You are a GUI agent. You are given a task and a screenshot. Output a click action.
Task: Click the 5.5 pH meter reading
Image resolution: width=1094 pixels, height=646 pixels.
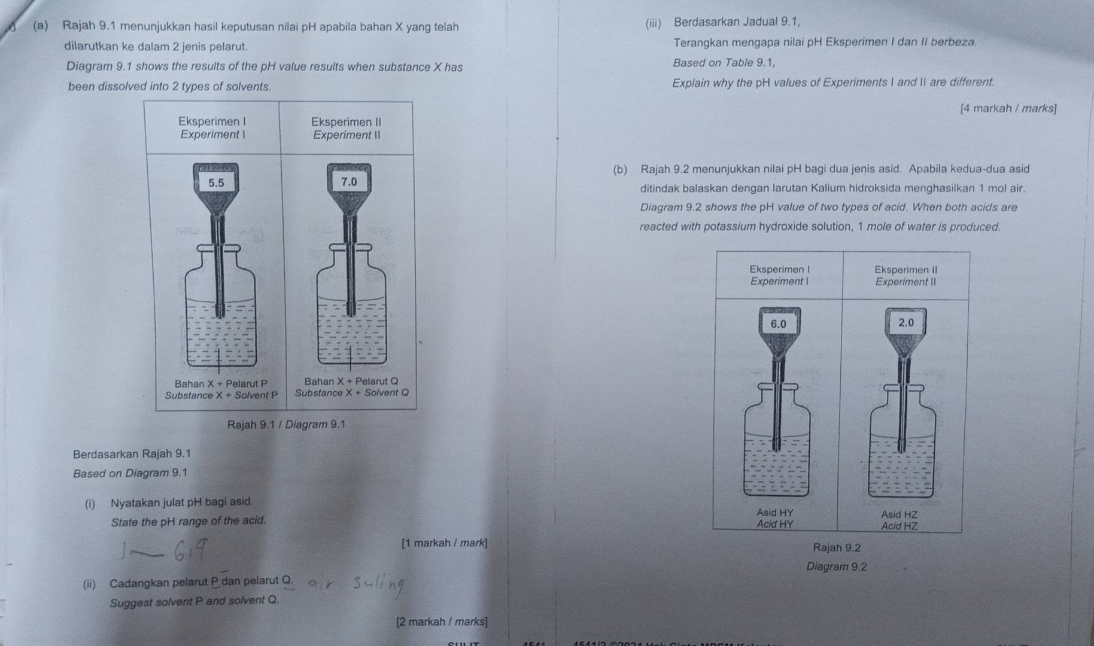[216, 183]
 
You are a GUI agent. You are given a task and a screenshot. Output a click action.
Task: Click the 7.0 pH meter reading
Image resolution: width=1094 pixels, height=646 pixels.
[348, 181]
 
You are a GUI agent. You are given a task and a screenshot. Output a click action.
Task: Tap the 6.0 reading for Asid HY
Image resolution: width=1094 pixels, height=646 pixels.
[778, 324]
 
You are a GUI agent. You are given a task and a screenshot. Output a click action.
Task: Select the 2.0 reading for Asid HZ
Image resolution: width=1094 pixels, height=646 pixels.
[906, 322]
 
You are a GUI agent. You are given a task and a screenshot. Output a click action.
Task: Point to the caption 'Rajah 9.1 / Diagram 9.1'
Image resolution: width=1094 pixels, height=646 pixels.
[286, 425]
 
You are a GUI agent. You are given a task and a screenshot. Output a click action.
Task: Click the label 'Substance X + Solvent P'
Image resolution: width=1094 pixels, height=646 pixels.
[221, 395]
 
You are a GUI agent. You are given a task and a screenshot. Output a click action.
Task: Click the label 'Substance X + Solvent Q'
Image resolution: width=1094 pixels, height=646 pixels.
[352, 393]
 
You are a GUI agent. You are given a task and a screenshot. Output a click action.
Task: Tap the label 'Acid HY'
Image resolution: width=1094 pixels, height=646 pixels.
[774, 525]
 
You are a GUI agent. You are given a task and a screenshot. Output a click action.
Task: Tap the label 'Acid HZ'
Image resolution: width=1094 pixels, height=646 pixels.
[899, 526]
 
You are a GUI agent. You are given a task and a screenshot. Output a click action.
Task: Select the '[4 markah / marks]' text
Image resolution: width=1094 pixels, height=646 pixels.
[1008, 109]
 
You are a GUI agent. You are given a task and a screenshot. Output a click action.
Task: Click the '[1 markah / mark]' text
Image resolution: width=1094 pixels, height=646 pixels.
[445, 543]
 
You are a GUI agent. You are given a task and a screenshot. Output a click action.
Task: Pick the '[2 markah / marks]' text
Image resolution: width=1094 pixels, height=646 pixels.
[442, 622]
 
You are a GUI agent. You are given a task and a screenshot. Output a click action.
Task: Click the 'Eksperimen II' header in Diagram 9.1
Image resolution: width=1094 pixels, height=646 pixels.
[346, 122]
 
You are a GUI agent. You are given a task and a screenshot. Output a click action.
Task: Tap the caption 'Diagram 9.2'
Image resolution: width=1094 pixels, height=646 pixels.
[836, 567]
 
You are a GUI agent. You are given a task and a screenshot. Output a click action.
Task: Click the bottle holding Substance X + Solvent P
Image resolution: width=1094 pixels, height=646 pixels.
[220, 317]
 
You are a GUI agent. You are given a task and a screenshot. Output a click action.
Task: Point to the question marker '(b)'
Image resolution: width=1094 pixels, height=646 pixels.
[621, 169]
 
